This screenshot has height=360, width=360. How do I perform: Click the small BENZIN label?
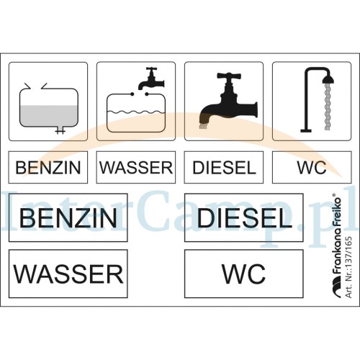click(48, 167)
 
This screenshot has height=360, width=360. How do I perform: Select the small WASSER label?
click(136, 167)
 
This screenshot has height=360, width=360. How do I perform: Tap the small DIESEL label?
click(224, 167)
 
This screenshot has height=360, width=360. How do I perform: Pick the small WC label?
click(312, 167)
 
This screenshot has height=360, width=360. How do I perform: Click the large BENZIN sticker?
click(68, 217)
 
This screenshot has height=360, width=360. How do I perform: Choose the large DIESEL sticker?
click(244, 217)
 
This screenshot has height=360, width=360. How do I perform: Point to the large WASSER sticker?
click(68, 274)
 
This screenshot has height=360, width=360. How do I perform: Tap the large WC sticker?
click(244, 274)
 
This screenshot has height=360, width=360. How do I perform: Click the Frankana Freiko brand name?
click(336, 235)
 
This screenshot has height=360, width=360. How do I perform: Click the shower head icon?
click(328, 78)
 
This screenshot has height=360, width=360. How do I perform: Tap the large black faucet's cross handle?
click(228, 76)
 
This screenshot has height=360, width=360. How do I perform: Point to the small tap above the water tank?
click(151, 78)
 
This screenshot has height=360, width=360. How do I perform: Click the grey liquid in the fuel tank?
click(49, 116)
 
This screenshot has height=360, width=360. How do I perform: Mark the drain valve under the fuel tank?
click(60, 130)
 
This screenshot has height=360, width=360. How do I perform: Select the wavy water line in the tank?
click(136, 112)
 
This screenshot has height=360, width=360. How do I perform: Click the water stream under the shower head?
click(328, 107)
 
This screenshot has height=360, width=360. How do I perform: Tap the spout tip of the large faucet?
click(203, 124)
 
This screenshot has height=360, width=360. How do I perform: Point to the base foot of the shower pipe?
click(306, 131)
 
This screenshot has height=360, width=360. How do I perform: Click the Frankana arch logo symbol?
click(336, 287)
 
